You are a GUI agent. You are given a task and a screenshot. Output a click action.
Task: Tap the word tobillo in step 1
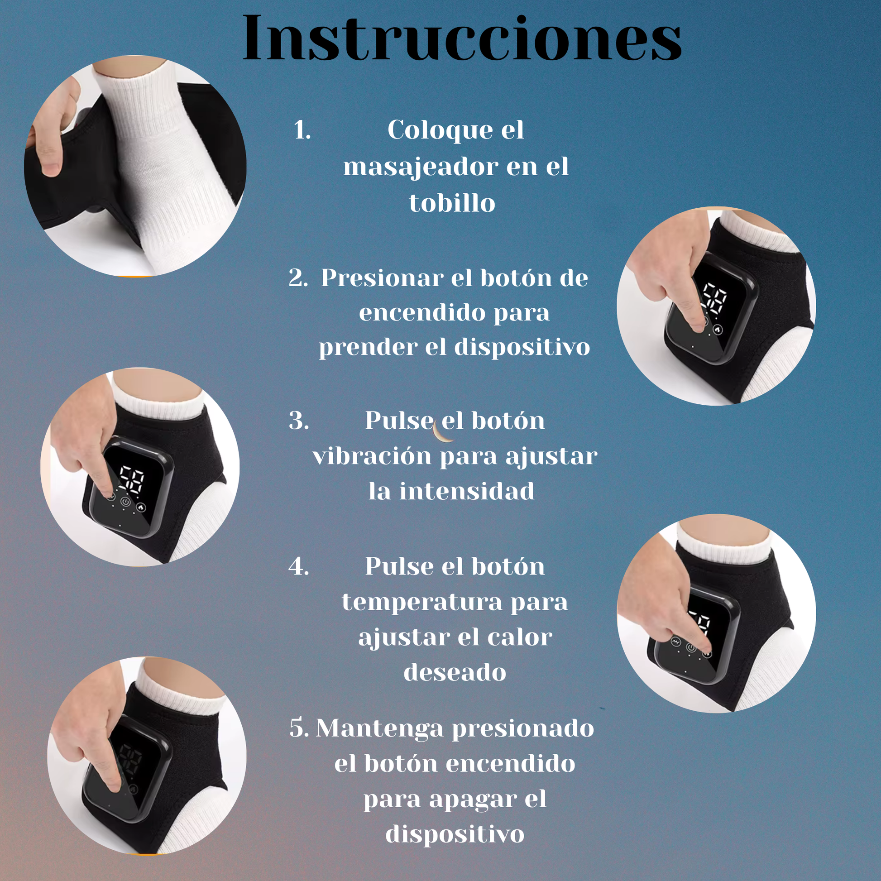tap(452, 203)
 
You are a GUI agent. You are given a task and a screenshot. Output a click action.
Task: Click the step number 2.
tap(298, 278)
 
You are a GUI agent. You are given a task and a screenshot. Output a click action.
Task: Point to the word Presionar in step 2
tap(382, 278)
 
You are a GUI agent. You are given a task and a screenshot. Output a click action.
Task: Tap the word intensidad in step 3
tap(466, 491)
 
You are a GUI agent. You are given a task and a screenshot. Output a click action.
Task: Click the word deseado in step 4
tap(455, 673)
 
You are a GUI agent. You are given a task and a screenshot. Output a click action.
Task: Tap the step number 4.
tap(299, 567)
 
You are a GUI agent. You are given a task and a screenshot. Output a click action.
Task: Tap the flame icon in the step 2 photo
tap(718, 329)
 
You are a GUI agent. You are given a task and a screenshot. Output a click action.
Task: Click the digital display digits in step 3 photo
tap(132, 480)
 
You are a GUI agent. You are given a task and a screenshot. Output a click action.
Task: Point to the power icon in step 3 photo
tap(125, 503)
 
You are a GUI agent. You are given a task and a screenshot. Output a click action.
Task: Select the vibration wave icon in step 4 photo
tap(676, 642)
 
